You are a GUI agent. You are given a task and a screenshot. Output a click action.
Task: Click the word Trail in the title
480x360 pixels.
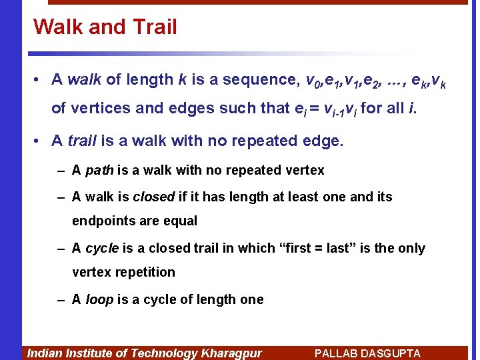154,27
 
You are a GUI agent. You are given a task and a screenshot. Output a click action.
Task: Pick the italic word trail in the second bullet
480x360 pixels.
82,141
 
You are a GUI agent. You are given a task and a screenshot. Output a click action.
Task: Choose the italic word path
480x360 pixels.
99,171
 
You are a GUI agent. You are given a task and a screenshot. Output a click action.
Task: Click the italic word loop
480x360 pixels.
99,300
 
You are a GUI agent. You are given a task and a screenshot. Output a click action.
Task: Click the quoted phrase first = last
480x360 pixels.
313,248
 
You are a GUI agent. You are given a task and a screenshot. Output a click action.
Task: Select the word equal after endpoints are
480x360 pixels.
181,221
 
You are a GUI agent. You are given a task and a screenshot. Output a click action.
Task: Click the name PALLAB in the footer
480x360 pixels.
337,353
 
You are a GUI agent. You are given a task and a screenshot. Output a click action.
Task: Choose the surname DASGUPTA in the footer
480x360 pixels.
391,353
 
